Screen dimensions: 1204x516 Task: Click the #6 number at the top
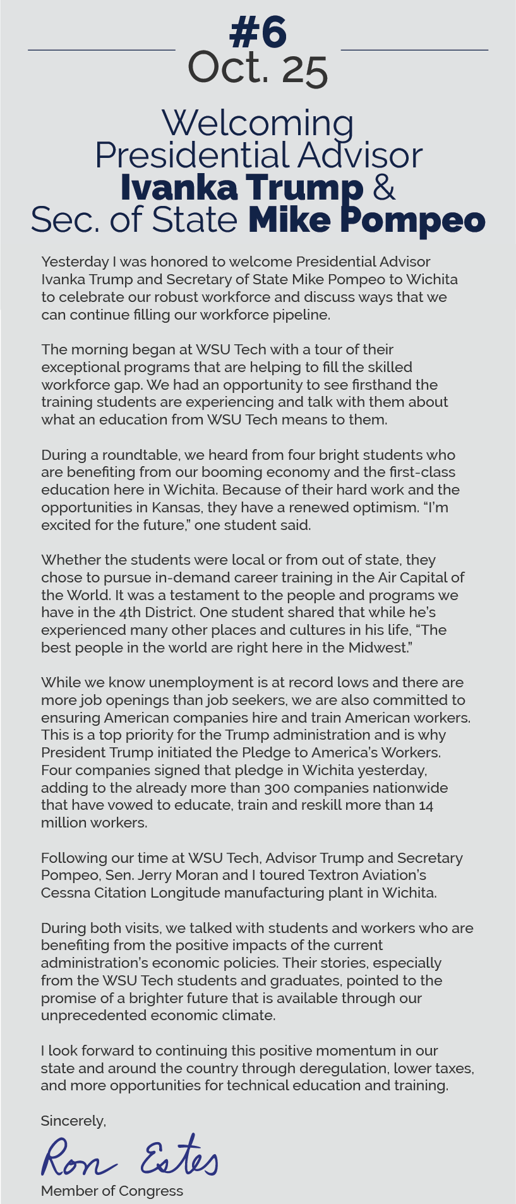[258, 33]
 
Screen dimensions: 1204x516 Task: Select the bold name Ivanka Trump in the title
[241, 188]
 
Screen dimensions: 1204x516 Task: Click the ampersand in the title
[384, 188]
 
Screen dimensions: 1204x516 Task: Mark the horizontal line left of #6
[101, 49]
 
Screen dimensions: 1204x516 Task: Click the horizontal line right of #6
[414, 49]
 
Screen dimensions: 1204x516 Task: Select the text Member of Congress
[112, 1191]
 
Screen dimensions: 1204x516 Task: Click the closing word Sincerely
[73, 1121]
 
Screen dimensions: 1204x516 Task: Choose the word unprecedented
[93, 1015]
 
